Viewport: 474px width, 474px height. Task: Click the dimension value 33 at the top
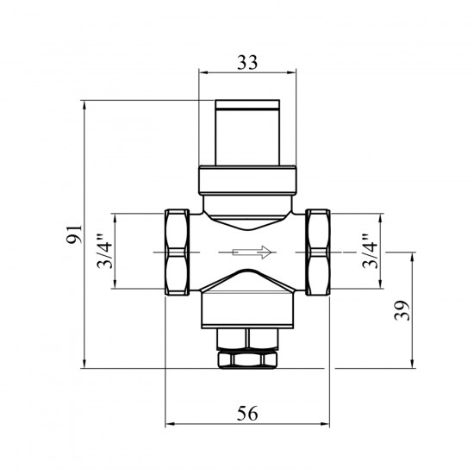(x=247, y=63)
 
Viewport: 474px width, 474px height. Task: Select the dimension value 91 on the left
(x=74, y=234)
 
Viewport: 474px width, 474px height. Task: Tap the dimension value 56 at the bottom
(x=247, y=413)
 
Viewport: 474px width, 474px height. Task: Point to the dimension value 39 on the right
(x=402, y=310)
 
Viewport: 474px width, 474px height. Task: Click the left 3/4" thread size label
(x=104, y=252)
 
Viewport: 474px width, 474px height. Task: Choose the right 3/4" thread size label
(x=370, y=252)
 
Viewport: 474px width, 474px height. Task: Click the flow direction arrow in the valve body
(x=252, y=253)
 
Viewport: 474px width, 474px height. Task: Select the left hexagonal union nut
(x=178, y=253)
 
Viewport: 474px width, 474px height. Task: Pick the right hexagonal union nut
(x=318, y=253)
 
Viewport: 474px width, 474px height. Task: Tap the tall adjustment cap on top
(x=247, y=133)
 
